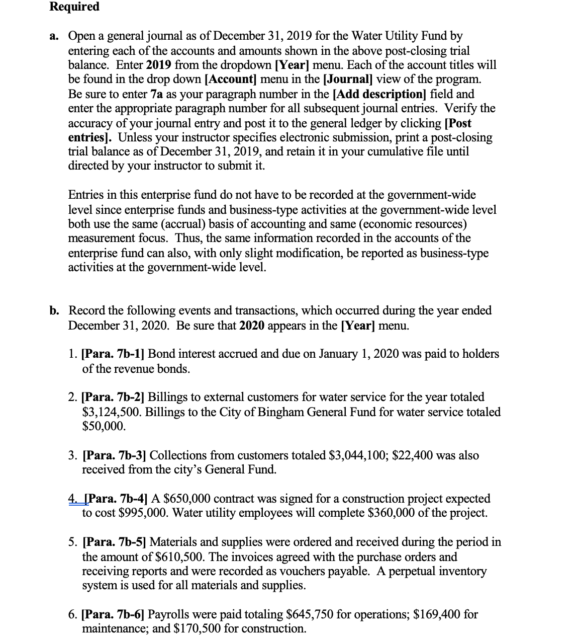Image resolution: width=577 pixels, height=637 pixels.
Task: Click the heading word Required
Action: point(74,7)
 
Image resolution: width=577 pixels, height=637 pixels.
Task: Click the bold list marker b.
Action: point(54,310)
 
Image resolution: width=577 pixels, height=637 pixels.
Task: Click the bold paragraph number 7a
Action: point(156,94)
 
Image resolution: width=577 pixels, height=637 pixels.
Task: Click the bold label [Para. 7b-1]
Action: point(113,354)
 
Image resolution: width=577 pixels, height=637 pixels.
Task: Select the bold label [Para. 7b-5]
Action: point(114,542)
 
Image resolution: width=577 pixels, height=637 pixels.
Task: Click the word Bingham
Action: point(282,412)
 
